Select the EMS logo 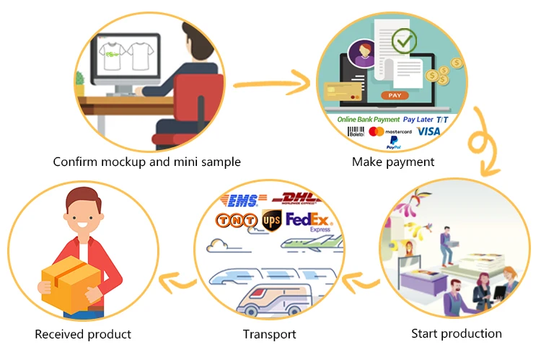[245, 198]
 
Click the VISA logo [428, 131]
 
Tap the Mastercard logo [390, 132]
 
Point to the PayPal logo [393, 144]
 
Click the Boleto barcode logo [356, 132]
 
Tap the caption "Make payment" [393, 162]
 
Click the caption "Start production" [456, 333]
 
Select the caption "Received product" [83, 334]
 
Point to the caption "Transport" [269, 334]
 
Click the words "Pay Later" [418, 119]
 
